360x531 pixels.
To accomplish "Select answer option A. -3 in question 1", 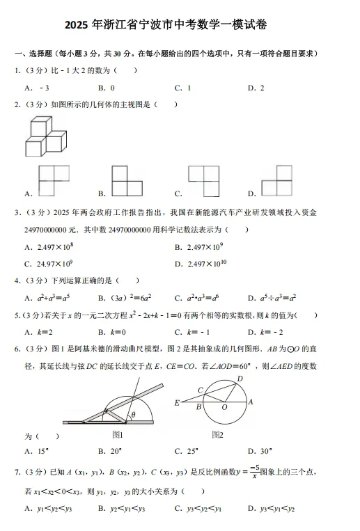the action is tap(36, 88).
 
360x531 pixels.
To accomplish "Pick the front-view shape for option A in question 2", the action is tap(49, 182).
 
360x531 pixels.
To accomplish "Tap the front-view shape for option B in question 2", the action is tap(127, 182).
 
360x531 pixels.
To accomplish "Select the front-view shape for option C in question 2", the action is tap(203, 182).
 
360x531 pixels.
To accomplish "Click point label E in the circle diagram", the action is tap(177, 402).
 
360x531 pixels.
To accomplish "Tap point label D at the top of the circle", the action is tap(240, 378).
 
